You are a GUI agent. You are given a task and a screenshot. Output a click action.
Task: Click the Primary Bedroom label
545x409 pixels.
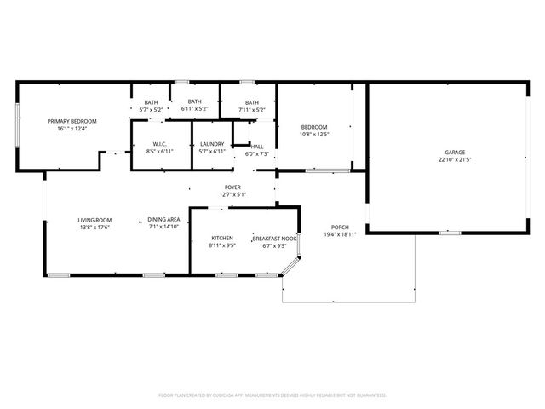point(72,122)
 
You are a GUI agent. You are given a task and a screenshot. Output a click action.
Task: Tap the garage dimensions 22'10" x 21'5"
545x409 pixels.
point(454,159)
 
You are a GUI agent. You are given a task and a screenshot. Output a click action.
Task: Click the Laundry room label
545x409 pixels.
point(211,144)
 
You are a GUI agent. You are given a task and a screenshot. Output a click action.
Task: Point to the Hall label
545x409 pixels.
point(257,147)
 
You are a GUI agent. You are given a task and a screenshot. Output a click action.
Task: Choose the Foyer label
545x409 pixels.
point(232,187)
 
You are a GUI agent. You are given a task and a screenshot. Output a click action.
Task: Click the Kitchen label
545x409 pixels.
point(221,238)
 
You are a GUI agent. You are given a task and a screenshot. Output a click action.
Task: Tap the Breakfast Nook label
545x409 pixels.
point(274,238)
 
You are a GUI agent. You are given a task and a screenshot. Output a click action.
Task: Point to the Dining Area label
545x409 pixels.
point(163,219)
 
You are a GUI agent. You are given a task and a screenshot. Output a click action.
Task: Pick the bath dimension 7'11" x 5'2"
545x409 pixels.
point(251,109)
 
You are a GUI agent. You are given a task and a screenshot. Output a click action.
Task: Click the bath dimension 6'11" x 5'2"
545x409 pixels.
point(195,109)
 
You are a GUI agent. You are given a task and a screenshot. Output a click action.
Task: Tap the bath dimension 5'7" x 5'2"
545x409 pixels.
point(150,110)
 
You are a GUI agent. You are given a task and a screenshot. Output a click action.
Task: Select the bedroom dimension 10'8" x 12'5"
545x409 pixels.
point(313,134)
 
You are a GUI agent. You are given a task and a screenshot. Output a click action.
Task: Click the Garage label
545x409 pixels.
point(454,152)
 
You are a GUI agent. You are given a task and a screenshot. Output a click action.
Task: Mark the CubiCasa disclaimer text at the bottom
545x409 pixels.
point(272,395)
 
